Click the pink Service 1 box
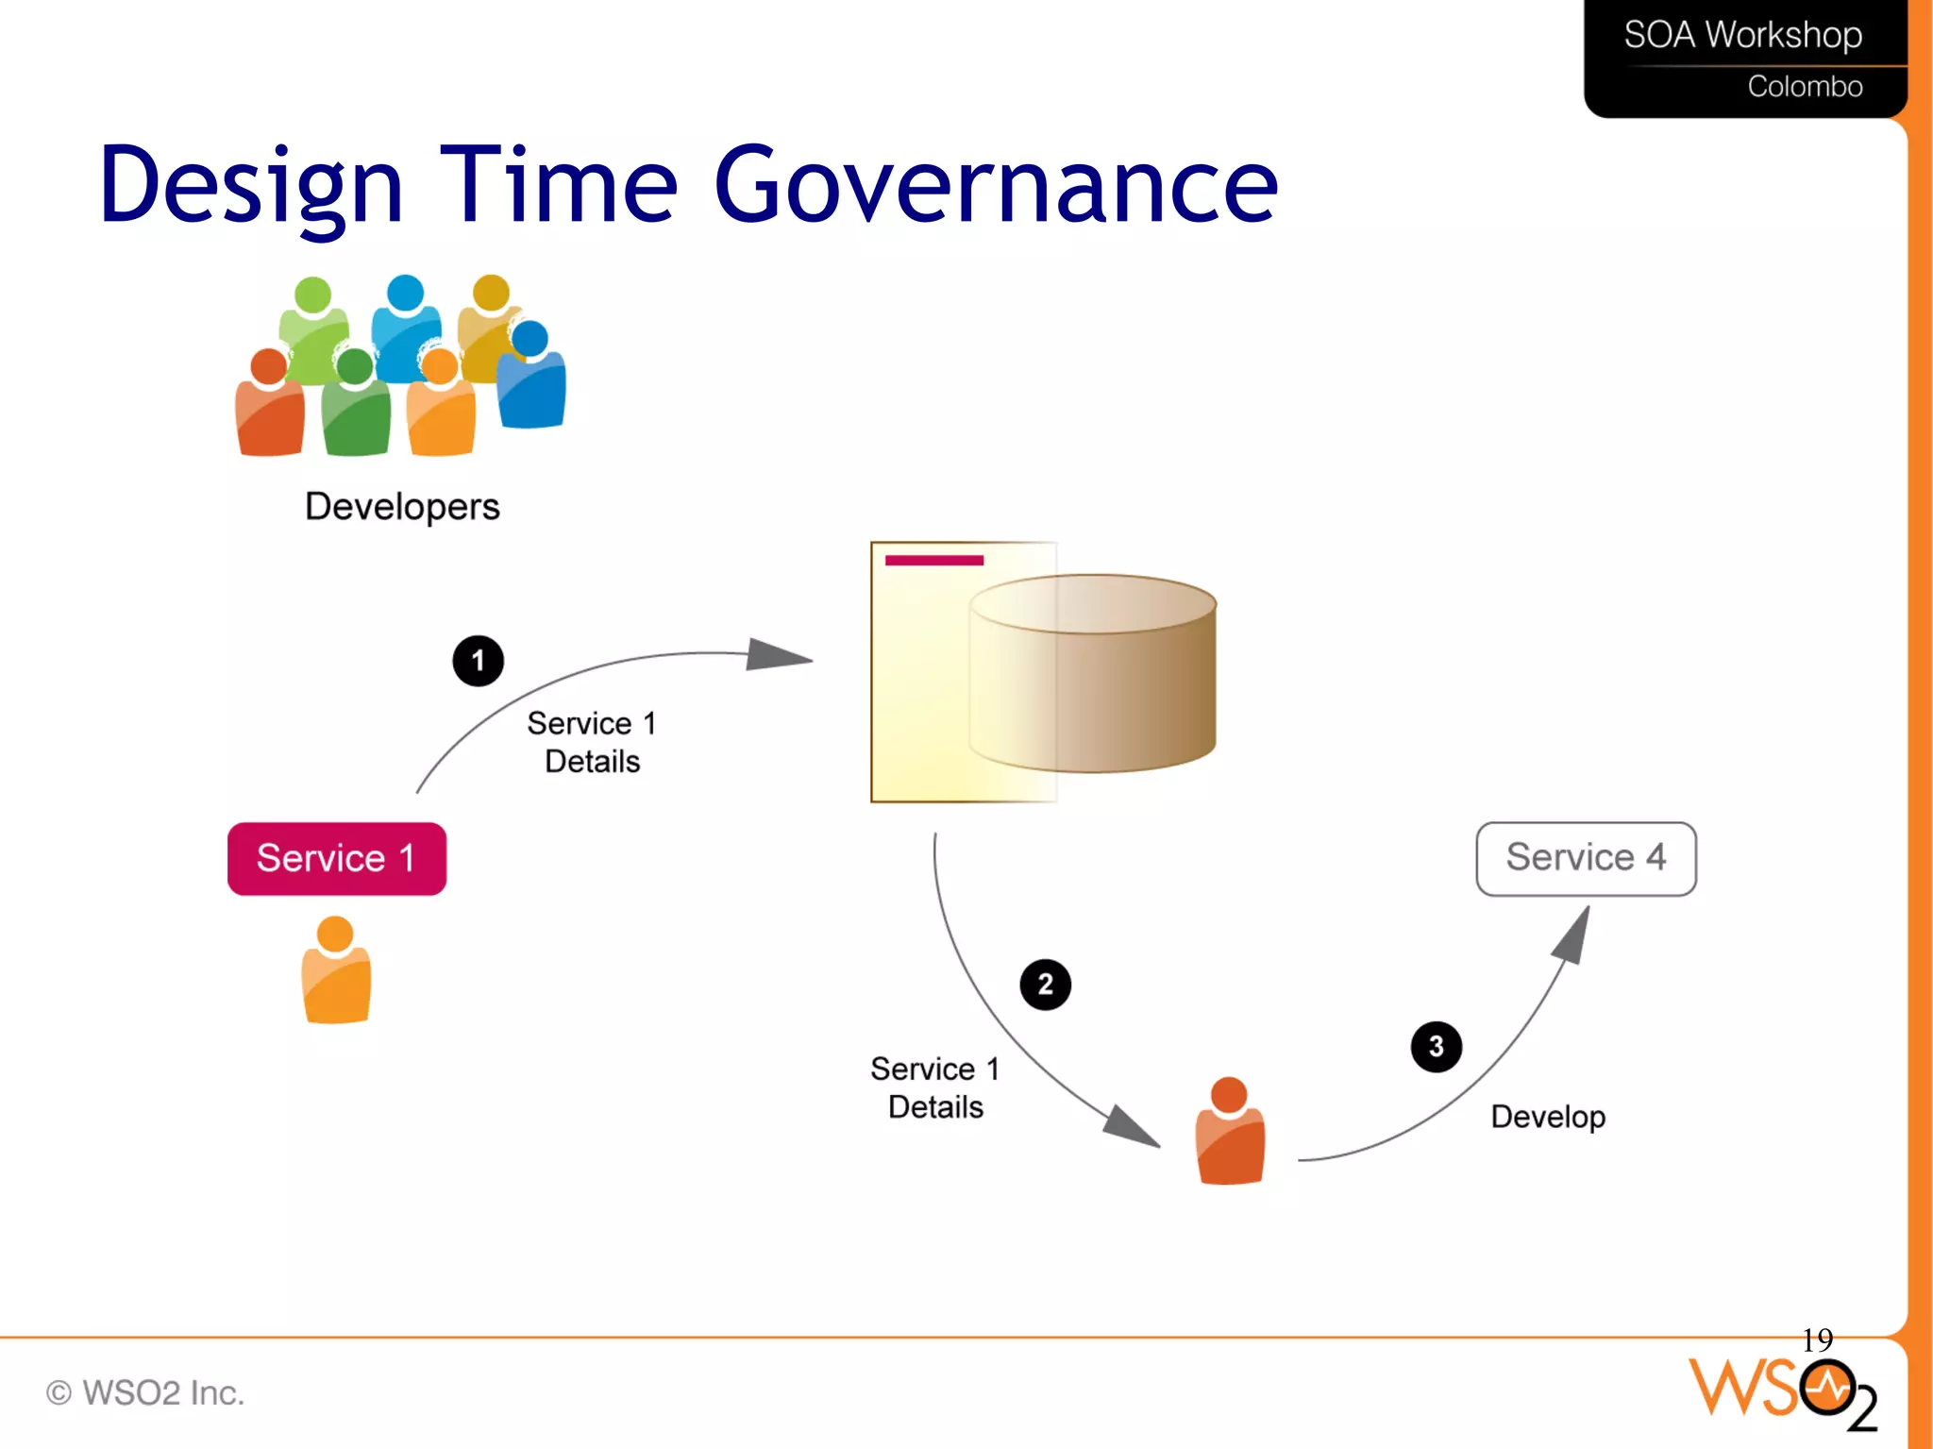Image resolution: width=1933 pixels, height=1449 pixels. click(x=336, y=858)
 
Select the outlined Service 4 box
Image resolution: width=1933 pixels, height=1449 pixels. click(x=1586, y=858)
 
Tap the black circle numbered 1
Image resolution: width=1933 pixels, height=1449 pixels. click(x=478, y=661)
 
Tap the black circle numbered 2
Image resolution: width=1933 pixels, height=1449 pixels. click(x=1045, y=985)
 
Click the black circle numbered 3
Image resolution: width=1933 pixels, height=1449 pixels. click(x=1436, y=1046)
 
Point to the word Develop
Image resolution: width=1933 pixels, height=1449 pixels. click(x=1548, y=1117)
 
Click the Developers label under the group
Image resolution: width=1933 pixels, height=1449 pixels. click(x=402, y=507)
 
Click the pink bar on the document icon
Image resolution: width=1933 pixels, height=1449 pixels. click(x=934, y=561)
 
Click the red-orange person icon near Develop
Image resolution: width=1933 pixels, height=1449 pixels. click(x=1229, y=1133)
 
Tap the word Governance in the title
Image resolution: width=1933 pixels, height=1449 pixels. click(x=996, y=186)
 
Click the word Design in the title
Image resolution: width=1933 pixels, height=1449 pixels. click(x=252, y=186)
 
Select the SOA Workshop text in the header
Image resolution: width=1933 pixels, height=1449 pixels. click(x=1742, y=36)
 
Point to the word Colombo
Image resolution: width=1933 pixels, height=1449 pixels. click(x=1805, y=87)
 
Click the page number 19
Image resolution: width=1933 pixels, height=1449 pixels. click(x=1817, y=1339)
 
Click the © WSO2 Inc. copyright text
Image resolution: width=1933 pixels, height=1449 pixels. click(x=146, y=1392)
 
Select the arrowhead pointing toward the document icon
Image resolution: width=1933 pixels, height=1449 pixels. click(x=776, y=655)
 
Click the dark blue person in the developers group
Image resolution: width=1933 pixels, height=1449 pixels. click(x=532, y=378)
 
